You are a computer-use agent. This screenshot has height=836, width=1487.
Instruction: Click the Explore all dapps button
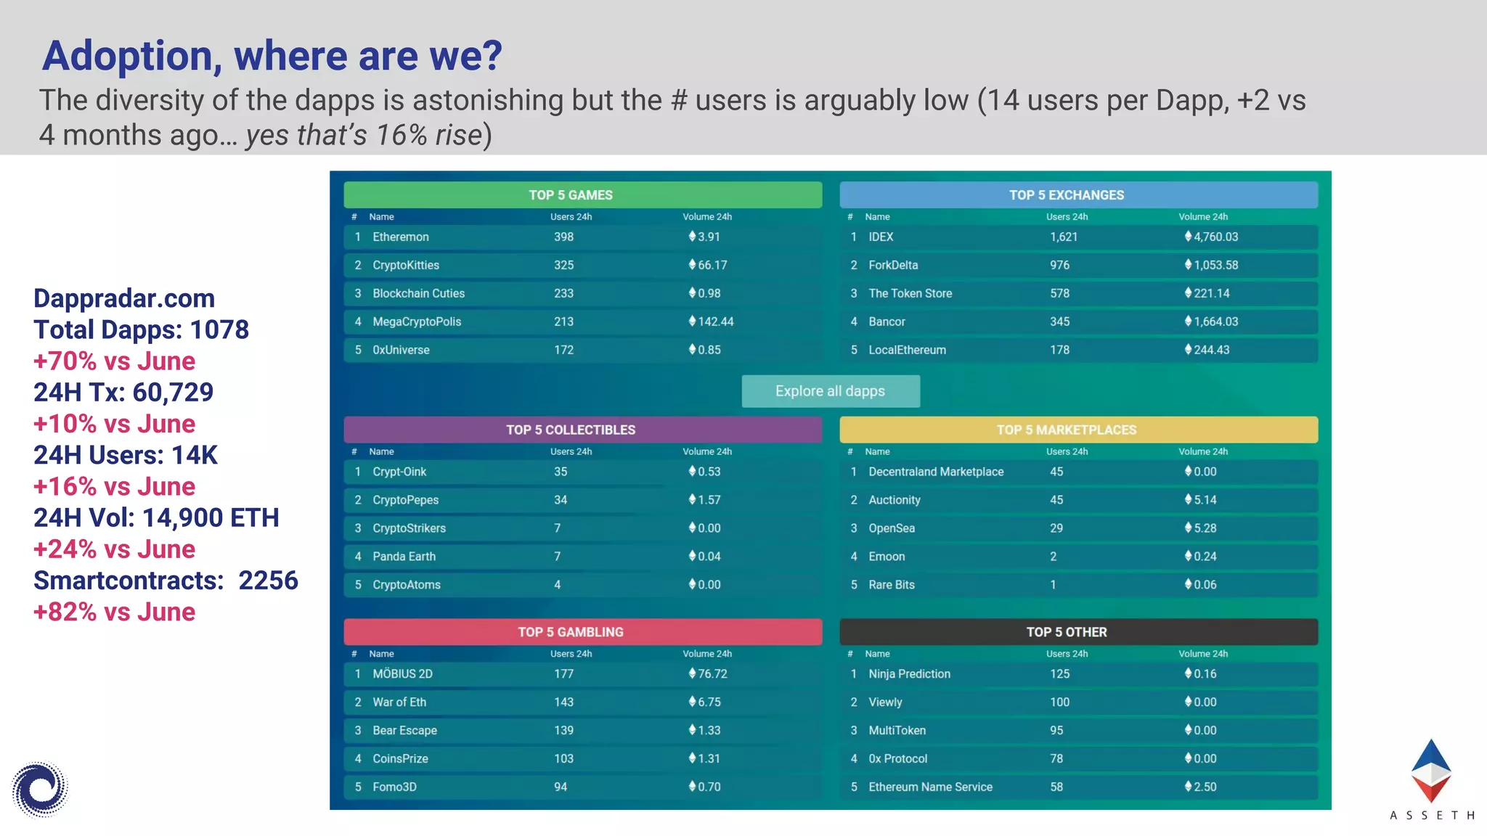coord(830,391)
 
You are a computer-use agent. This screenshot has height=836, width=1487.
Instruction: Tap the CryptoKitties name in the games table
coord(406,265)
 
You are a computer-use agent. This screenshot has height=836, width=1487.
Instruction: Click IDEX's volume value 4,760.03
coord(1215,237)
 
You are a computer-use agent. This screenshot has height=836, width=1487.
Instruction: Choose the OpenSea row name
coord(892,528)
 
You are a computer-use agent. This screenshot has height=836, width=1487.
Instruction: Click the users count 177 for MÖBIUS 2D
coord(563,673)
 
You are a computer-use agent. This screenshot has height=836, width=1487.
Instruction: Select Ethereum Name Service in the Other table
coord(930,787)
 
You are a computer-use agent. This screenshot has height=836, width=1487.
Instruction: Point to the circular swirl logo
coord(40,789)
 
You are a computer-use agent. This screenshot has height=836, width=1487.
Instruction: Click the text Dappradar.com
coord(124,298)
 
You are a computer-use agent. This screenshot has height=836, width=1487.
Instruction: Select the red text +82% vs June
coord(114,612)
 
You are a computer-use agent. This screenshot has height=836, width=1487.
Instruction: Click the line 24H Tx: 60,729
coord(123,393)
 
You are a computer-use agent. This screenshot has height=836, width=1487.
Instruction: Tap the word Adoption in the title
coord(131,56)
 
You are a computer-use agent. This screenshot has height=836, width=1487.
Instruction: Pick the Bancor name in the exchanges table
coord(887,321)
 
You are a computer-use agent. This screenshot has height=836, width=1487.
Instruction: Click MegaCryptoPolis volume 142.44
coord(715,321)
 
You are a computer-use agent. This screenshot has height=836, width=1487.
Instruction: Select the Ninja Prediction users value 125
coord(1059,673)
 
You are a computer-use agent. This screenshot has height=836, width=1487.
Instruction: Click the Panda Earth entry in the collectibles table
coord(404,557)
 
